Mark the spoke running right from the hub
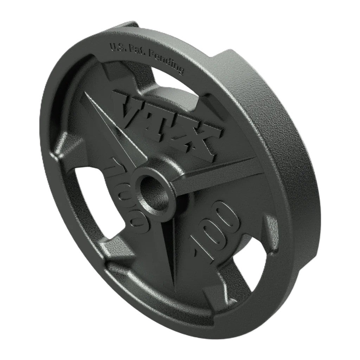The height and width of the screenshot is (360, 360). [x=218, y=169]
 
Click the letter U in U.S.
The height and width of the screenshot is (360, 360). [x=112, y=46]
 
